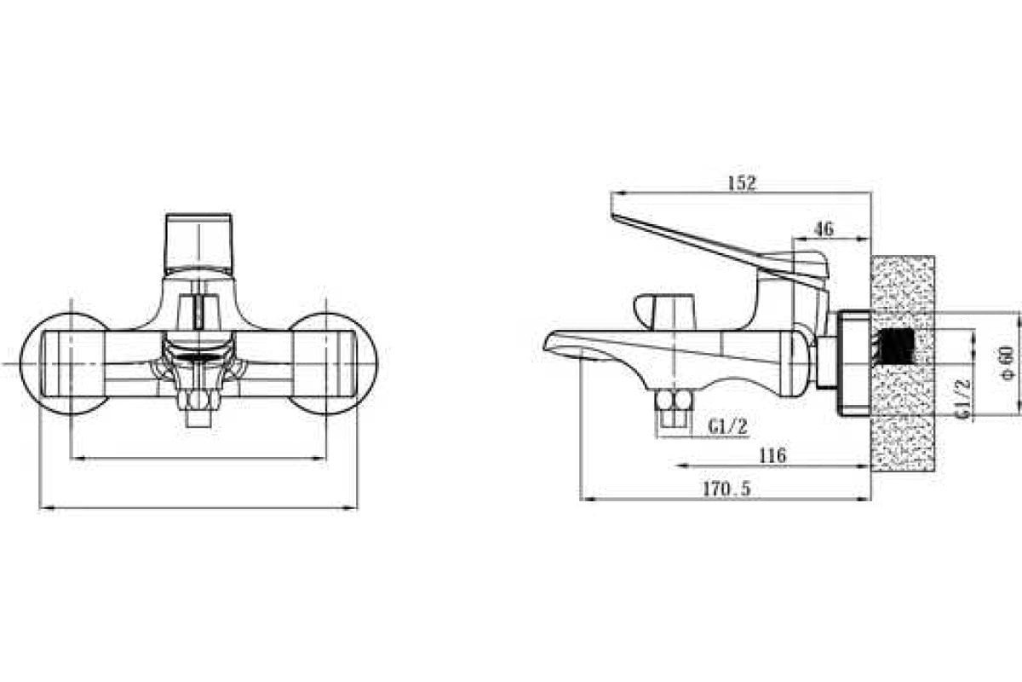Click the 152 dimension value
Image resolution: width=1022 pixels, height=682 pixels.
(x=742, y=183)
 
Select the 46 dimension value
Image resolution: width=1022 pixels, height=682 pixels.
(x=824, y=228)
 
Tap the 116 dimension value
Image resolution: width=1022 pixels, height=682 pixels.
(x=772, y=455)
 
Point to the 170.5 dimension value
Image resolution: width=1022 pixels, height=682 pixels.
(x=726, y=489)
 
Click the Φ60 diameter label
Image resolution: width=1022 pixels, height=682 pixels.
(x=1007, y=363)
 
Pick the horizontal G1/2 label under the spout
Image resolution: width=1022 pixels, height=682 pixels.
(x=728, y=427)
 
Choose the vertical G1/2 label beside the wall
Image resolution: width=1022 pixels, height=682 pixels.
(x=962, y=398)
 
